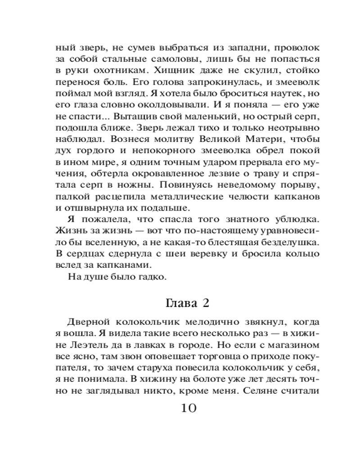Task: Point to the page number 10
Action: (x=188, y=408)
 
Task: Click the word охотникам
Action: (x=123, y=70)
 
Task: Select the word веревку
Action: (x=175, y=254)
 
